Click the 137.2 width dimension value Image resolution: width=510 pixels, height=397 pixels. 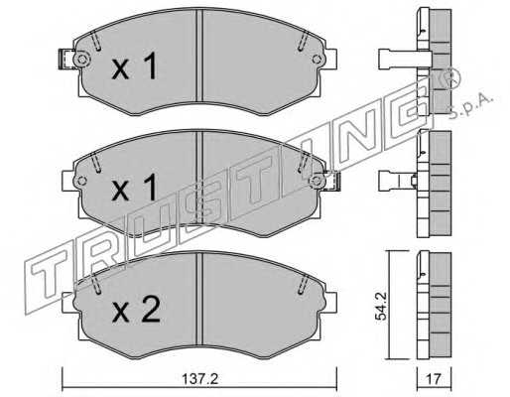click(x=199, y=378)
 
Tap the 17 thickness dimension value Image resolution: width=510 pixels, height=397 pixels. click(x=434, y=379)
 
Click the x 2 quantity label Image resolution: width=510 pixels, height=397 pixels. click(x=136, y=310)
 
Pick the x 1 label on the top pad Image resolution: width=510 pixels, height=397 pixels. click(x=134, y=66)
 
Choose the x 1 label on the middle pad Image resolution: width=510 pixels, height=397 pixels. click(x=134, y=188)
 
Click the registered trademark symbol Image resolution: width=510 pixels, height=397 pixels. click(x=451, y=78)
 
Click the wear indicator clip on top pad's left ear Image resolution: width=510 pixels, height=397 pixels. click(x=65, y=59)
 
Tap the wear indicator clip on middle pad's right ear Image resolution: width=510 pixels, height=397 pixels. click(x=331, y=181)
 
